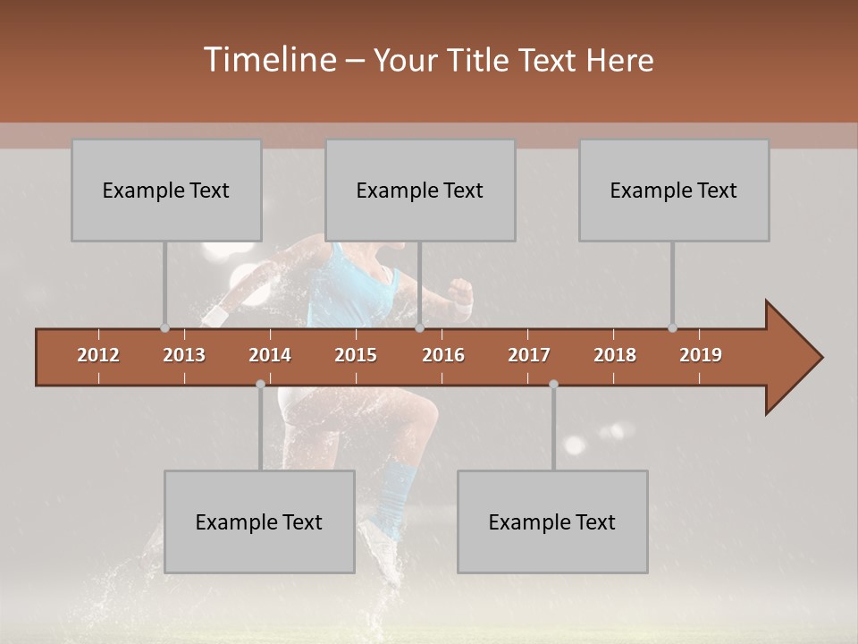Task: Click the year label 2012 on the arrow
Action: tap(98, 355)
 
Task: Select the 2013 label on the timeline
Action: tap(184, 355)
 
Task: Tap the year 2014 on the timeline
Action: tap(270, 355)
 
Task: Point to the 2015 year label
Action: tap(356, 355)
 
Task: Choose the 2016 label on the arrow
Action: tap(443, 355)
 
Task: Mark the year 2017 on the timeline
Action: tap(529, 355)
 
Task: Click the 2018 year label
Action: tap(615, 355)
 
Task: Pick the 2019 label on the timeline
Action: tap(701, 355)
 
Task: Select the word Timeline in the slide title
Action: tap(271, 60)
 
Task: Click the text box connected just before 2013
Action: tap(166, 191)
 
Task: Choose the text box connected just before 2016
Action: tap(420, 191)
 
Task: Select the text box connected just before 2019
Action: tap(674, 191)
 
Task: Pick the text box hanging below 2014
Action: tap(259, 522)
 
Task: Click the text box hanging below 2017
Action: tap(552, 522)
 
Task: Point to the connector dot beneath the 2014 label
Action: tap(260, 384)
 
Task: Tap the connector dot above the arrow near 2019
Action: tap(673, 327)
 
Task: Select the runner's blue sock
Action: tap(391, 493)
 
